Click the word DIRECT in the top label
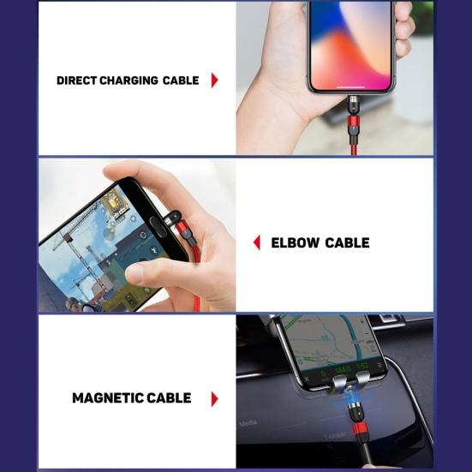pyautogui.click(x=75, y=81)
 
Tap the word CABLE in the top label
pyautogui.click(x=181, y=81)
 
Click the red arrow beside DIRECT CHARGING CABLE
pyautogui.click(x=214, y=81)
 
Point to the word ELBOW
pyautogui.click(x=294, y=243)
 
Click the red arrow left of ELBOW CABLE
pyautogui.click(x=256, y=243)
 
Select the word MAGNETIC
pyautogui.click(x=108, y=398)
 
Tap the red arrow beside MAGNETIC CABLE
pyautogui.click(x=214, y=398)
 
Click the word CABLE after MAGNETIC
pyautogui.click(x=169, y=398)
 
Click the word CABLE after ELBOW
pyautogui.click(x=347, y=243)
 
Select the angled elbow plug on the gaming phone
pyautogui.click(x=178, y=225)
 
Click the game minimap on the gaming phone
pyautogui.click(x=111, y=206)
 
